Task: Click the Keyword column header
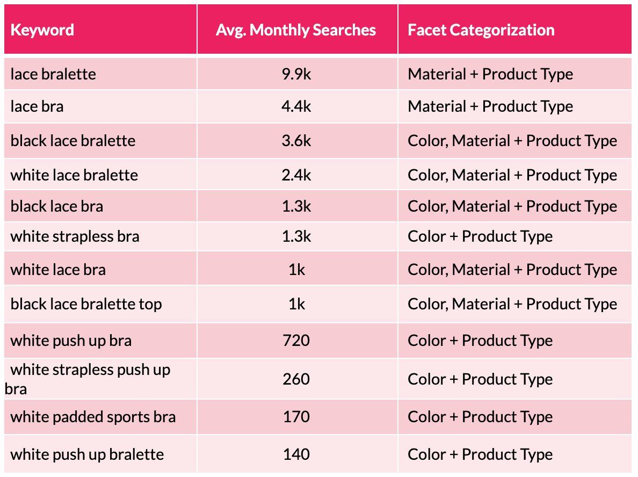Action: (42, 30)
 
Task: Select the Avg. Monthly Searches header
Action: (296, 30)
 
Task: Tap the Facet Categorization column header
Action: (481, 30)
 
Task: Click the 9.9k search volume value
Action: (296, 74)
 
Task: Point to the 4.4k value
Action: (296, 106)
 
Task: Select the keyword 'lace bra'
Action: (37, 106)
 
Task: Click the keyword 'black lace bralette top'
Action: (86, 304)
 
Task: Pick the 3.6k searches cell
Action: (296, 141)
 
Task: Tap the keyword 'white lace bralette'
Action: (74, 175)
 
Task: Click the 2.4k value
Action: (296, 175)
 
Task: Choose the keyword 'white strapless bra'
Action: (75, 236)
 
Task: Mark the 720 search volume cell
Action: (296, 341)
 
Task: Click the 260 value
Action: (296, 379)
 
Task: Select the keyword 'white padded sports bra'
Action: (93, 417)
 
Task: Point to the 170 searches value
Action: (296, 417)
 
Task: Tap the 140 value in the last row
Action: (296, 454)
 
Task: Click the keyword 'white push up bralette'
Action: (87, 454)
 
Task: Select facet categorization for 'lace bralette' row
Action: (490, 74)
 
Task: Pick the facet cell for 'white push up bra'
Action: (480, 341)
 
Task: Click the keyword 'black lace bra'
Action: (57, 206)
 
